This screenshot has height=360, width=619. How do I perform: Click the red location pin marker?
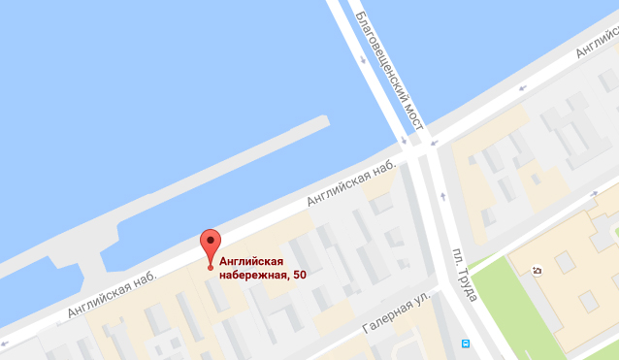click(x=210, y=245)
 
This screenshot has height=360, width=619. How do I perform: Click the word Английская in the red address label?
click(x=251, y=260)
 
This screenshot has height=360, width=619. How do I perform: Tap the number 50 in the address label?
click(x=300, y=275)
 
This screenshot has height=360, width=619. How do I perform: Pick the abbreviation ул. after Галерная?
click(x=421, y=302)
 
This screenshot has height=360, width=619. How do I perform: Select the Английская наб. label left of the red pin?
click(x=112, y=295)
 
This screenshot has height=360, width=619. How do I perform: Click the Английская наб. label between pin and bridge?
click(x=352, y=183)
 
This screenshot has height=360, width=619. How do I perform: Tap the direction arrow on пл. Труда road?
click(x=443, y=198)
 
